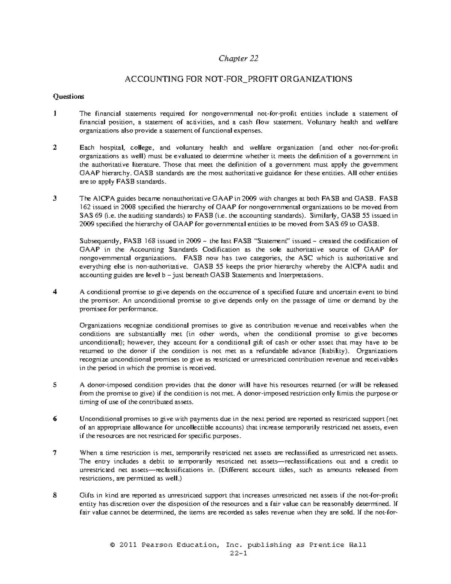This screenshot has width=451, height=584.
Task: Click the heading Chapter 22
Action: coord(239,59)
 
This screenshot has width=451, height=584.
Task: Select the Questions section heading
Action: coord(68,97)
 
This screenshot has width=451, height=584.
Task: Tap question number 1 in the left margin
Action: coord(55,114)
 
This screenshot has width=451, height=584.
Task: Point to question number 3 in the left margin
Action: coord(55,199)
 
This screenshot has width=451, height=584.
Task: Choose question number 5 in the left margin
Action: coord(55,385)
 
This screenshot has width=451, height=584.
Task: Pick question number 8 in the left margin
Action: coord(55,495)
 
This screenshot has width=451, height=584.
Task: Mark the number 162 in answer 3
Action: coord(85,207)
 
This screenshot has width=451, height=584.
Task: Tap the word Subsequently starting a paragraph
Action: coord(98,241)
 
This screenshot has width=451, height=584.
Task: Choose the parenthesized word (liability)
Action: coord(334,351)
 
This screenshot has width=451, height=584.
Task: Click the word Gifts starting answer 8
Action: coord(86,495)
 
